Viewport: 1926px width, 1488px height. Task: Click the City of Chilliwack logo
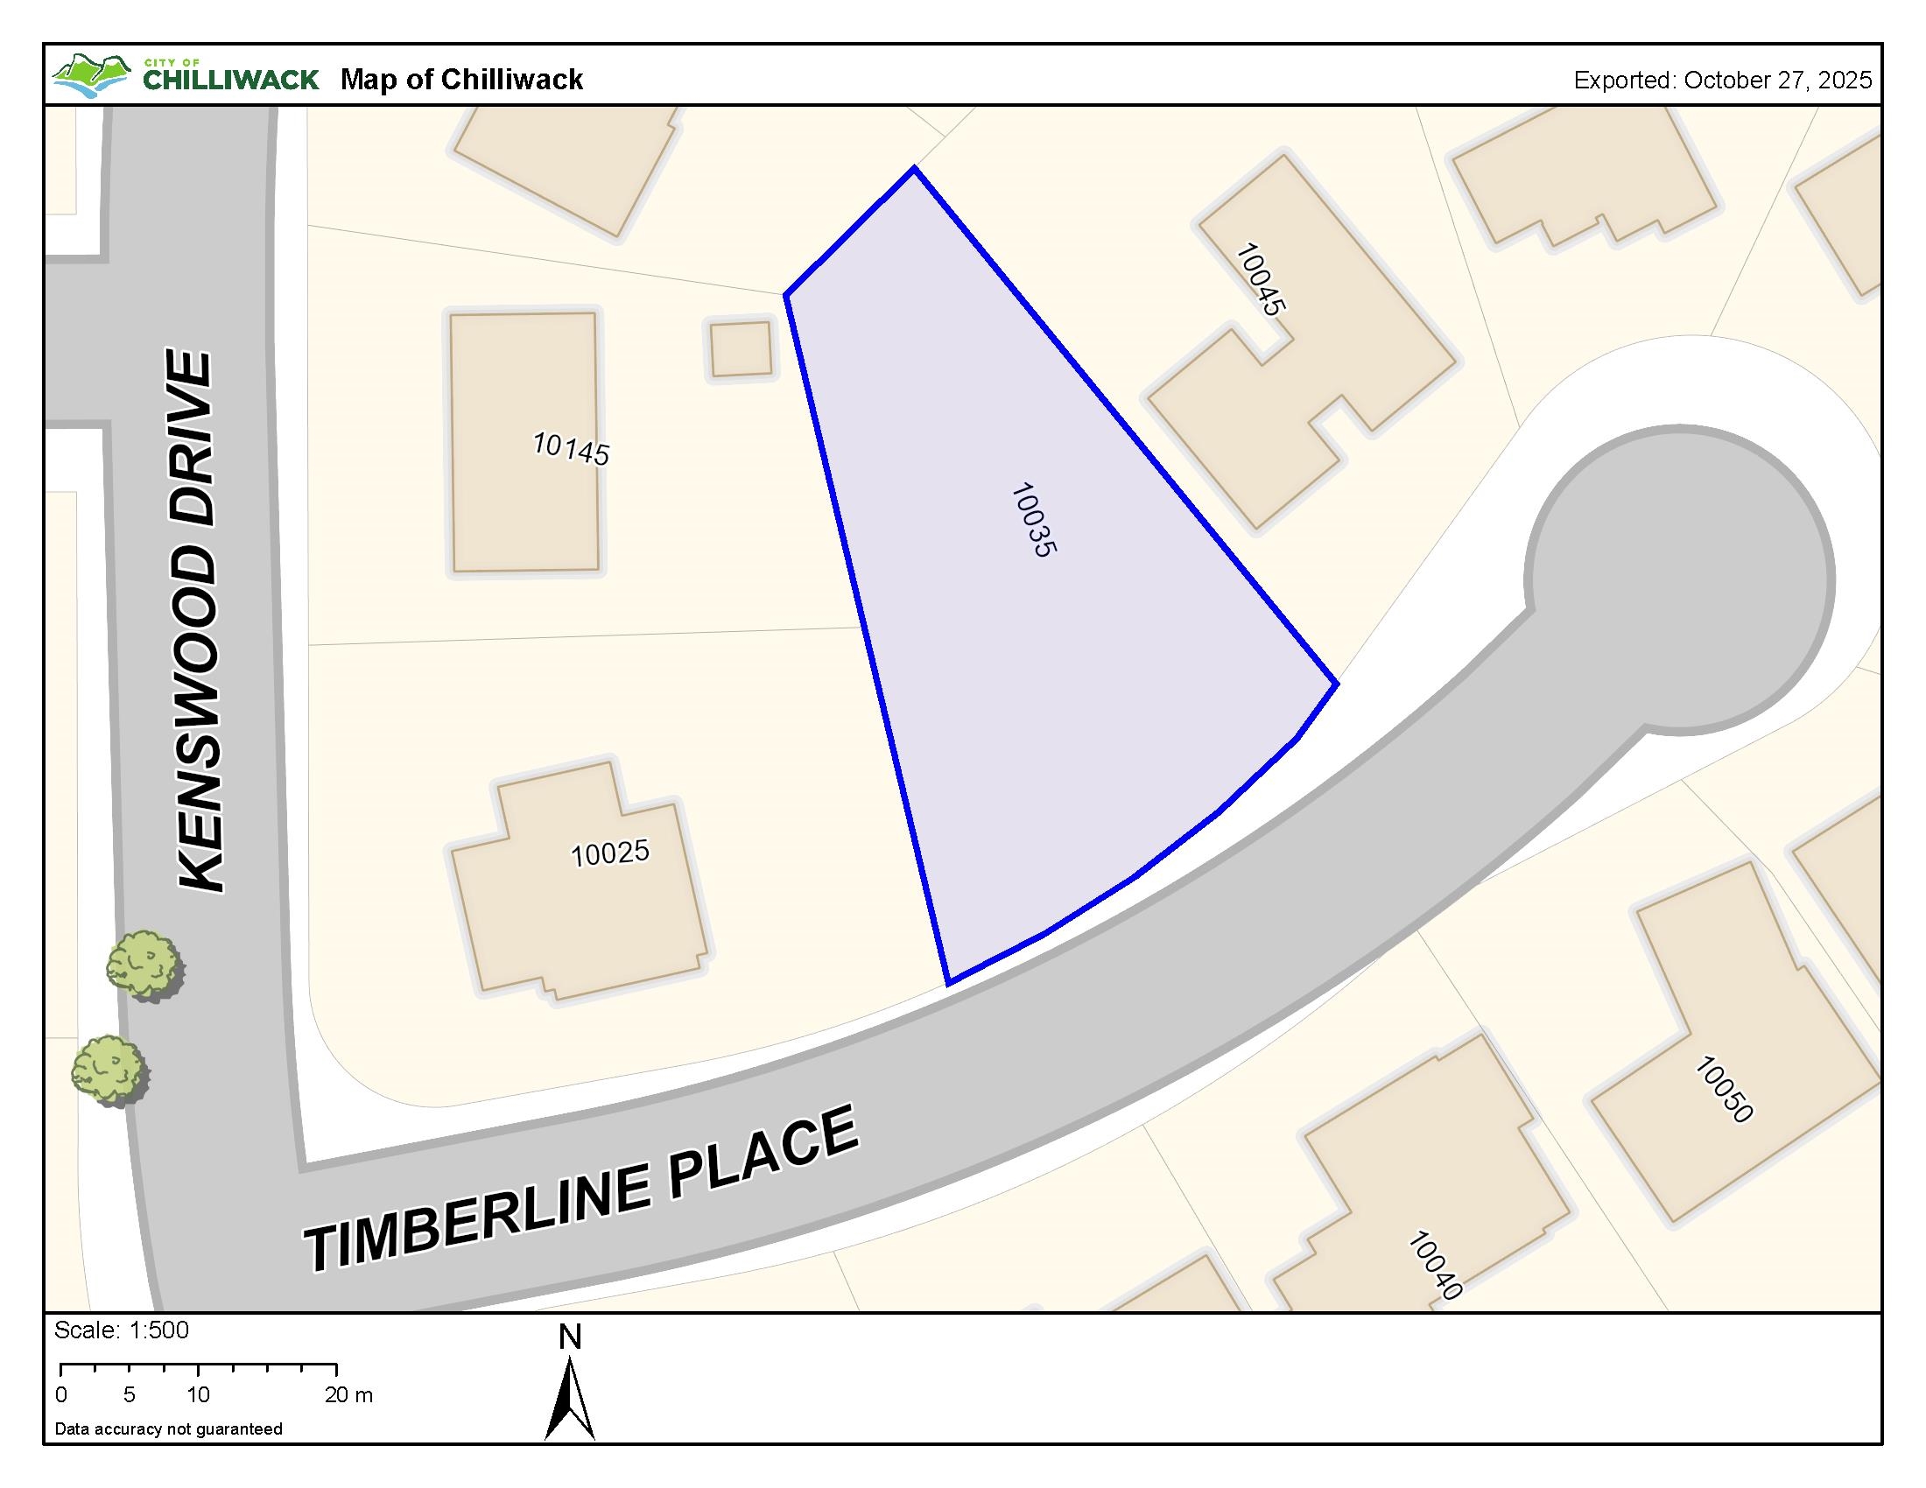[186, 78]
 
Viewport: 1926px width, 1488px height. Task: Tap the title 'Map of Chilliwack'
[461, 80]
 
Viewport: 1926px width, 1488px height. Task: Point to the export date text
[1722, 81]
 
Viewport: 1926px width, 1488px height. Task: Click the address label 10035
[1033, 519]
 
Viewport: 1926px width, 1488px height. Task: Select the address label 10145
[571, 449]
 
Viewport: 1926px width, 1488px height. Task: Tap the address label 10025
[609, 853]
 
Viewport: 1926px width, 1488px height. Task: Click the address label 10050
[1723, 1090]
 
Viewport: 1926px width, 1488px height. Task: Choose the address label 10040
[1435, 1265]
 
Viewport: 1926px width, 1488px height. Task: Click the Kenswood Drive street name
[197, 621]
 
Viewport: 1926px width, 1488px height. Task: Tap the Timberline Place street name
[581, 1190]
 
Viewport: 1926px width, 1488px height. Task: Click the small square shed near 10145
[741, 349]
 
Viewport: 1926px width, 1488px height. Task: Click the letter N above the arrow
[570, 1338]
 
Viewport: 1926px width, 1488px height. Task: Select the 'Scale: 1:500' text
[122, 1330]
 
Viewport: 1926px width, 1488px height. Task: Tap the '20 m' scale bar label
[348, 1395]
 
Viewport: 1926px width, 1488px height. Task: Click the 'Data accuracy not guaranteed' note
[168, 1429]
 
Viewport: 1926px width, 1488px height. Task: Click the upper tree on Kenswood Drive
[144, 965]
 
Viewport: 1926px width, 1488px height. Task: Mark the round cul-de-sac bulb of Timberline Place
[1680, 579]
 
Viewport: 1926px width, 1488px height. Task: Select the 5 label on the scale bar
[129, 1395]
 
